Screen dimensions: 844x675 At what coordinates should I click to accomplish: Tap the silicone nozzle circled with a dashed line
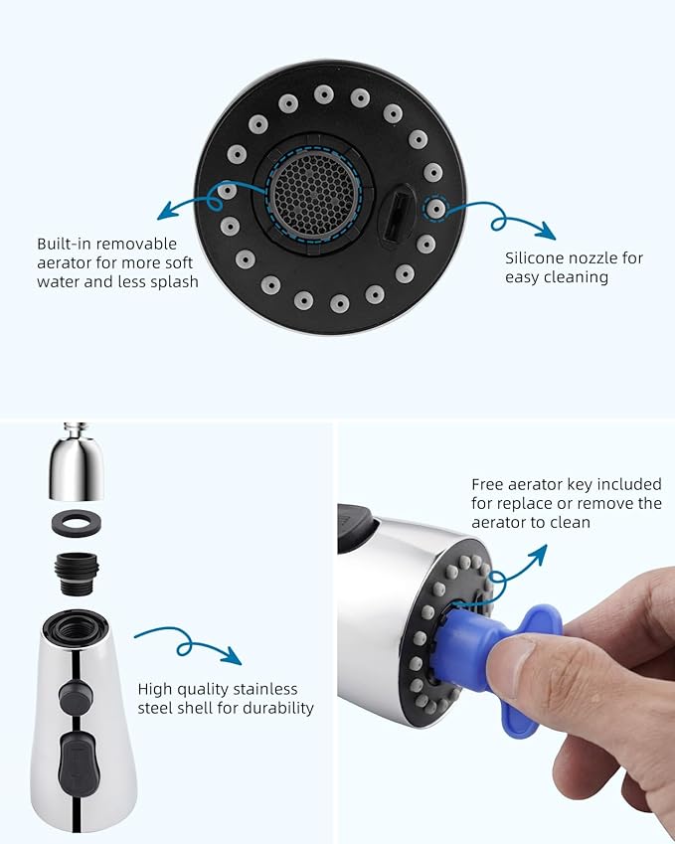(434, 210)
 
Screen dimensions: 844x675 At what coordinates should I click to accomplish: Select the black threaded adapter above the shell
(77, 573)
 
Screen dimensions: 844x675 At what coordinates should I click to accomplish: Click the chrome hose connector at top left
(77, 467)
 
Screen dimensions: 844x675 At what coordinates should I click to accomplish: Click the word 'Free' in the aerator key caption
(489, 485)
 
